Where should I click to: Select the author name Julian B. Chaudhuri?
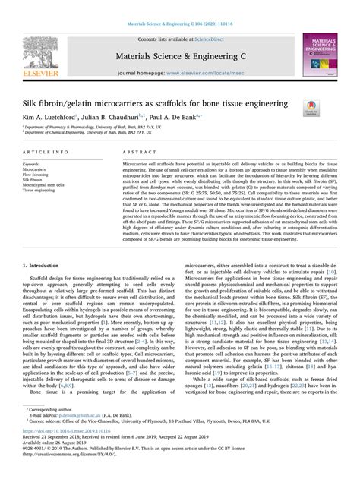(116, 118)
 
